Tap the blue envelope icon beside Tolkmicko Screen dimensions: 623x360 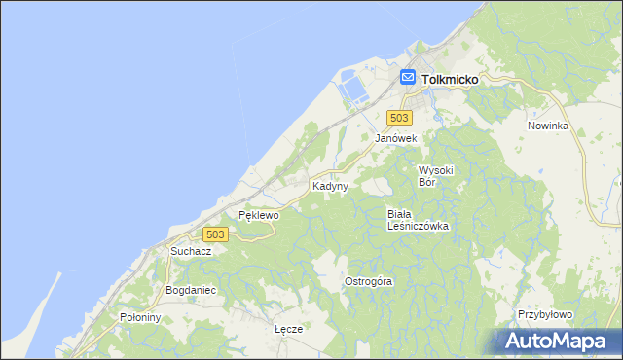(408, 78)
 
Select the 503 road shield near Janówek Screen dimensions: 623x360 (397, 117)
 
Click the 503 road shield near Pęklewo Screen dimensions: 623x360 (216, 234)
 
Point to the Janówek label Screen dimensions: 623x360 (396, 139)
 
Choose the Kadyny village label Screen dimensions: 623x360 (330, 186)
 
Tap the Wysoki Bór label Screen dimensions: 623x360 (436, 175)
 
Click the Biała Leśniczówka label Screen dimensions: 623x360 (417, 220)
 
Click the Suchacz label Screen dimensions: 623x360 (191, 251)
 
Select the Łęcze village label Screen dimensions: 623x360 (289, 329)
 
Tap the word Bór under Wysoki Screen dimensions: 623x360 (429, 181)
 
